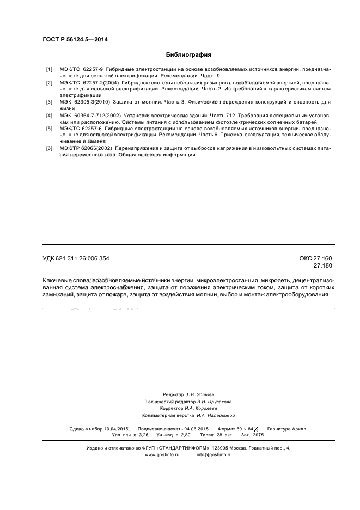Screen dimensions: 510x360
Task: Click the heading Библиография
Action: pos(188,55)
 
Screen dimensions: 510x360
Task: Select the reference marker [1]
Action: pos(49,70)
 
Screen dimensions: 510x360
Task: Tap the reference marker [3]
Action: pos(49,102)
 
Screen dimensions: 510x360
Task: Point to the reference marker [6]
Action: pos(49,149)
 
